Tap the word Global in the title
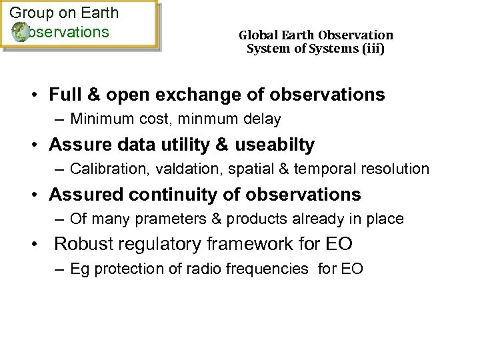pyautogui.click(x=256, y=35)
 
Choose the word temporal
pyautogui.click(x=320, y=169)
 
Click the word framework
pyautogui.click(x=254, y=244)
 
